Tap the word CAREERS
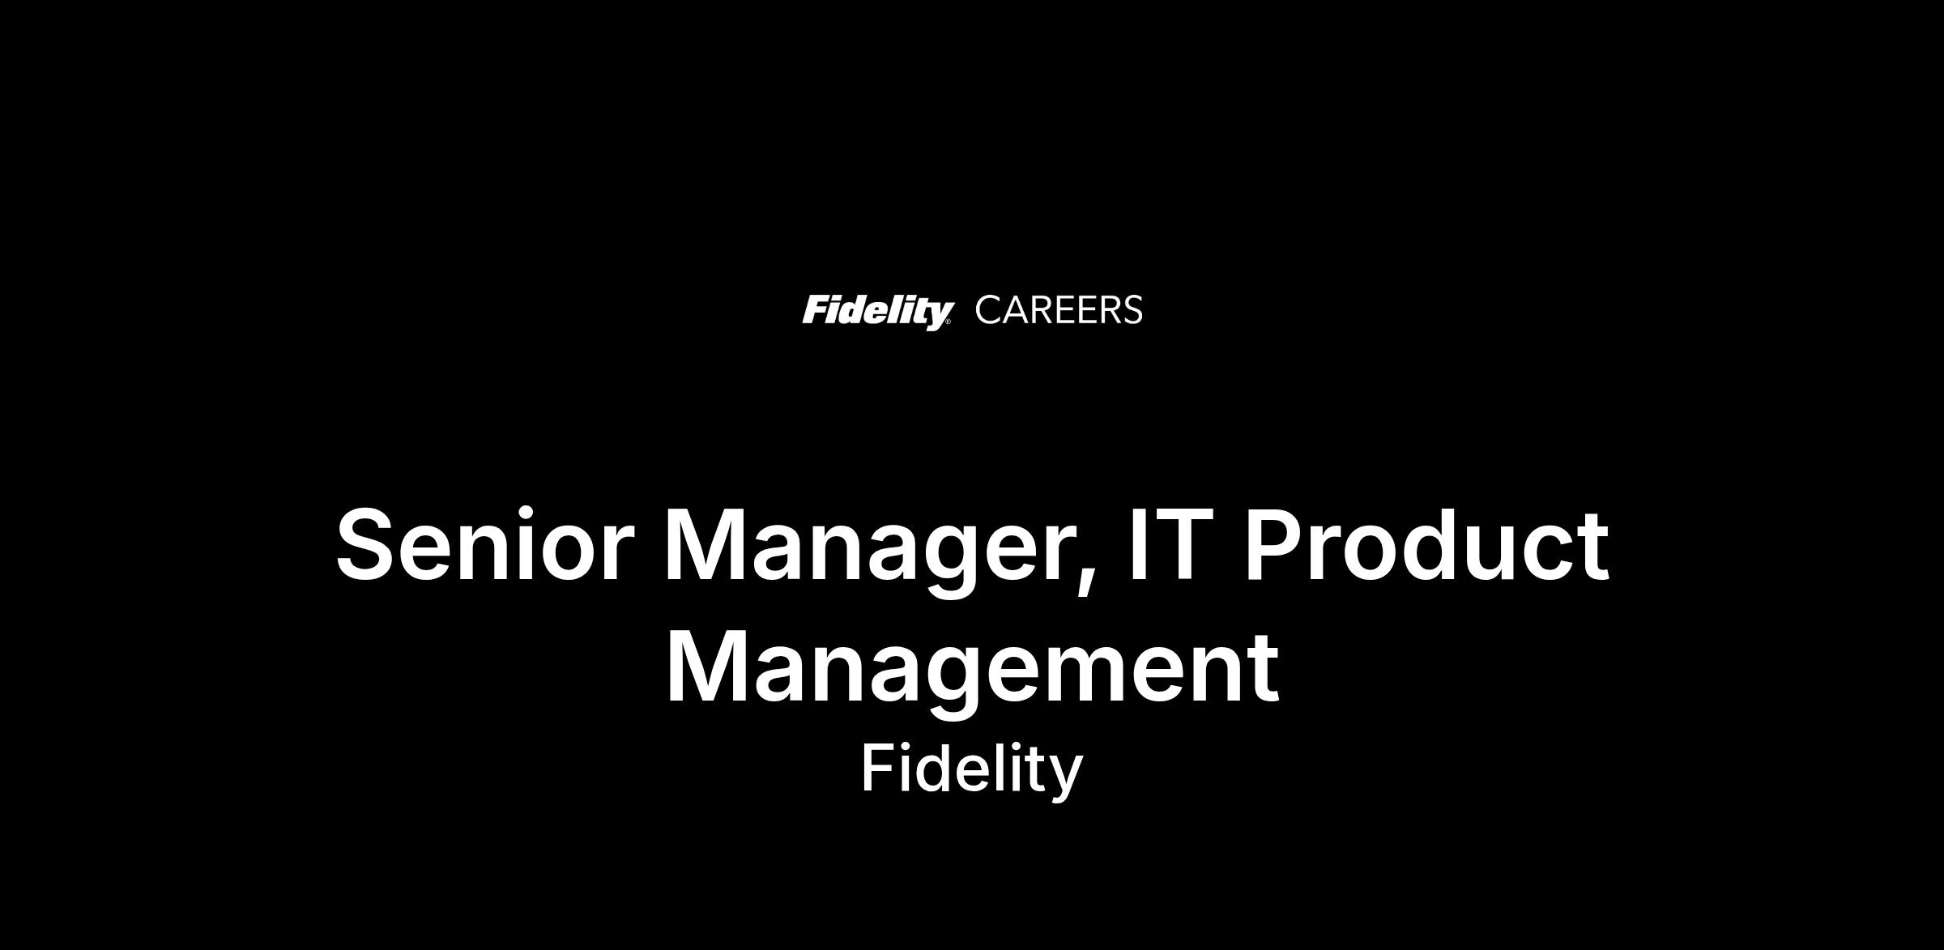(1059, 310)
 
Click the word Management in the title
(972, 673)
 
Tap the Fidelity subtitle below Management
(971, 771)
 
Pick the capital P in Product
(1273, 544)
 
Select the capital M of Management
(706, 668)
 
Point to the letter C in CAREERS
(989, 310)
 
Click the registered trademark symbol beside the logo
(949, 322)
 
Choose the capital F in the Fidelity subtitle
(876, 768)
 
